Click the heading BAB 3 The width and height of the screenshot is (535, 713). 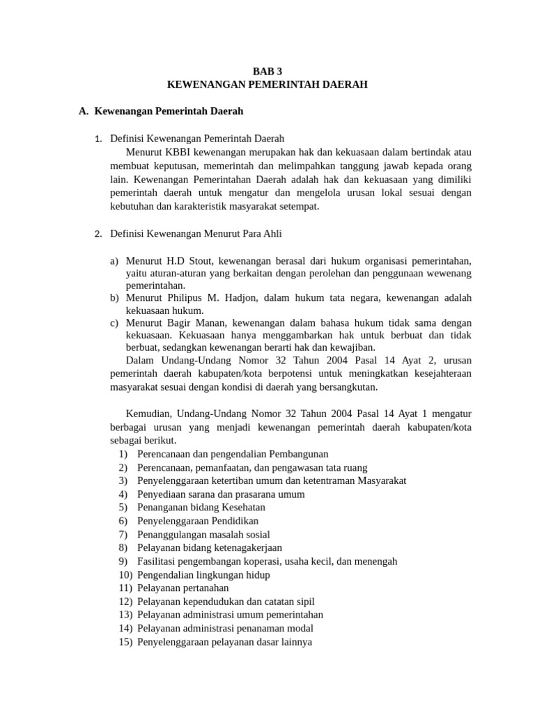pos(267,71)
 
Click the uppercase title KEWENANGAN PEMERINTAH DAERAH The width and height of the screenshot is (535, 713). pos(267,84)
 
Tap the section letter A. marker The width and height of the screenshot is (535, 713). pos(84,111)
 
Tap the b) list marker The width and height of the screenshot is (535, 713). pos(114,297)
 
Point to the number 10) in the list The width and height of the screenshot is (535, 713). pos(125,575)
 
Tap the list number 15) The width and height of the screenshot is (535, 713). pos(125,642)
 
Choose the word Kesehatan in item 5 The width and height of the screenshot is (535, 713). pos(241,508)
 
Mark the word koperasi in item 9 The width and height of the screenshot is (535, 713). pos(258,561)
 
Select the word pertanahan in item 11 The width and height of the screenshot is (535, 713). pos(204,588)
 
